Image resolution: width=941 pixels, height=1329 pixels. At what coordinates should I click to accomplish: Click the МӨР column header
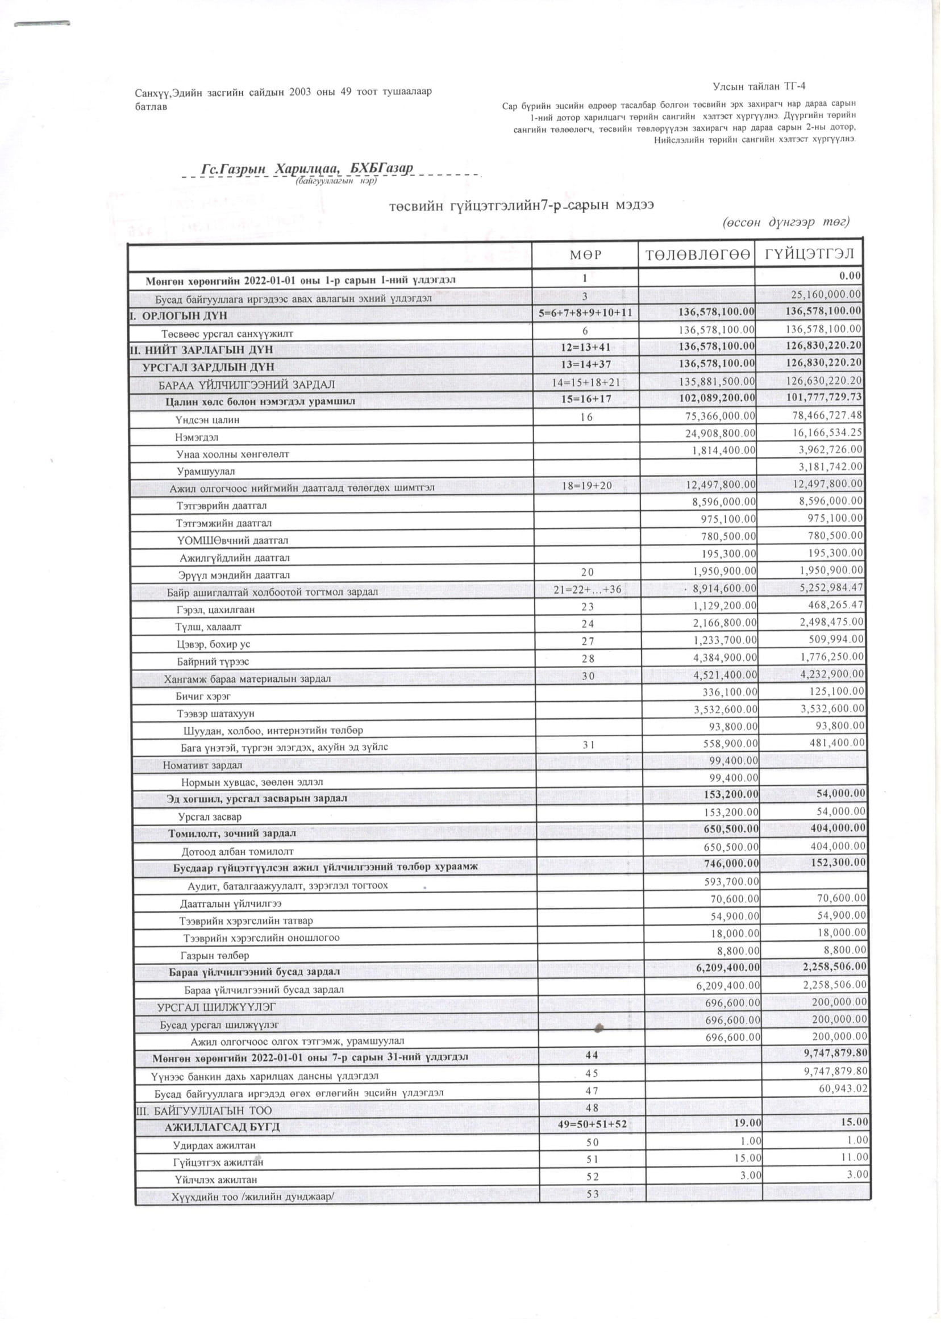coord(585,255)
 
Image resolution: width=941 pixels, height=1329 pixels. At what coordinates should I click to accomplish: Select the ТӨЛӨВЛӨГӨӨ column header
coord(696,255)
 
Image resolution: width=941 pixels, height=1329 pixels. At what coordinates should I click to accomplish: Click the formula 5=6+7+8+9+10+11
coord(585,314)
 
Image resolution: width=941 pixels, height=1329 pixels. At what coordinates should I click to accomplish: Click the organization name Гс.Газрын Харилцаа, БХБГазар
coord(306,169)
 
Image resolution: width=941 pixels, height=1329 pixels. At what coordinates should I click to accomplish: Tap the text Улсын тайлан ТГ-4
coord(759,87)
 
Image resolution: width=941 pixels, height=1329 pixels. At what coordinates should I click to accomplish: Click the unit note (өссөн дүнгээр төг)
coord(785,222)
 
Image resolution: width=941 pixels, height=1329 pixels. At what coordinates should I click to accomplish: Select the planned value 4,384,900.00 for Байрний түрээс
coord(725,657)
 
